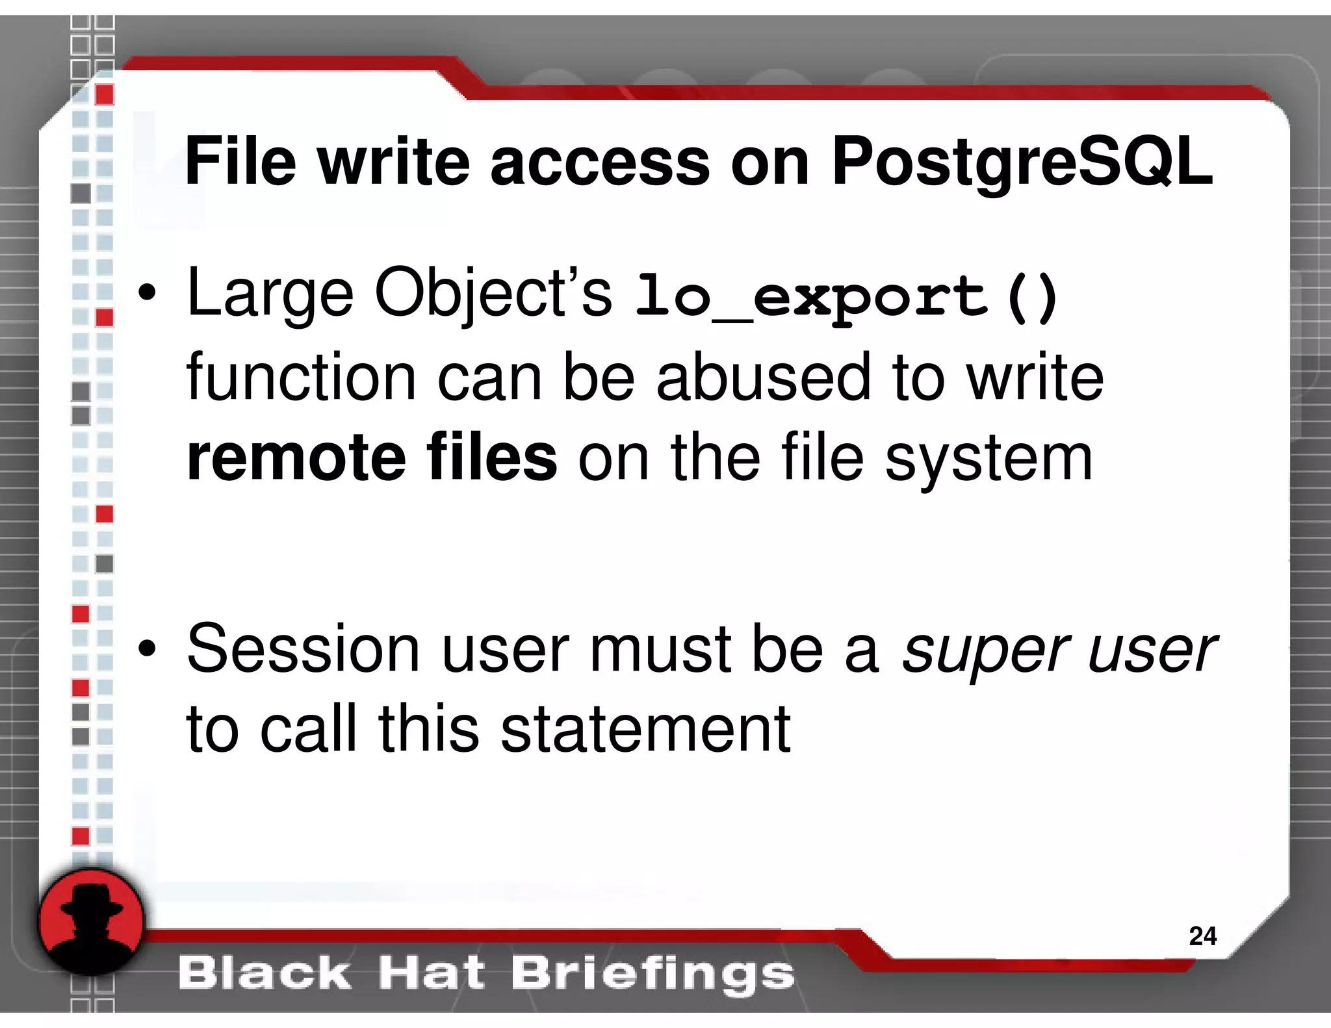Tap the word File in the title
point(240,161)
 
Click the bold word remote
point(296,458)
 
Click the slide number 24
point(1202,936)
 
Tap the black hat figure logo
point(91,923)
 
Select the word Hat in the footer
point(431,973)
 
